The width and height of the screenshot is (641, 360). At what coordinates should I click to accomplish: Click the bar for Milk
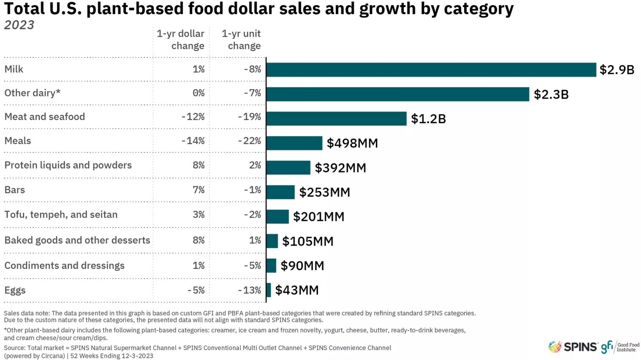click(x=431, y=70)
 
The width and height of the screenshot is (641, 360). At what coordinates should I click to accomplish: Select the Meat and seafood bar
click(x=336, y=119)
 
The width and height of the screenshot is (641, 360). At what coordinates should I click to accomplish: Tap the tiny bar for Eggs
click(x=269, y=290)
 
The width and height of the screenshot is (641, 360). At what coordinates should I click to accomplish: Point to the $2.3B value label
click(x=551, y=94)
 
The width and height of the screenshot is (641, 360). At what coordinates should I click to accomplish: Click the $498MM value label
click(x=352, y=143)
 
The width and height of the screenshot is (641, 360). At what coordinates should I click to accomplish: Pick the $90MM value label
click(x=302, y=266)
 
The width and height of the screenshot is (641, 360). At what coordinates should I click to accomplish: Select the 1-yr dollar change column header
click(x=180, y=40)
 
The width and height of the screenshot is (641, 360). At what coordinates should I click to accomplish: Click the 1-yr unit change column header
click(x=241, y=40)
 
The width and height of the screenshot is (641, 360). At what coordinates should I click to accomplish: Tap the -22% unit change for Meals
click(x=249, y=141)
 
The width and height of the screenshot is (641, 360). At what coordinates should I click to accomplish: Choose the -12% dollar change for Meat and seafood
click(x=193, y=117)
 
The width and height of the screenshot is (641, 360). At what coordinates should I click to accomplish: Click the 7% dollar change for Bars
click(x=199, y=190)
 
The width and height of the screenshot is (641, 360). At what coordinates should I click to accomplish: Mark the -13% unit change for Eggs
click(x=249, y=290)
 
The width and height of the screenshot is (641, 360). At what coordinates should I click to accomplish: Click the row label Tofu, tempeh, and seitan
click(x=61, y=215)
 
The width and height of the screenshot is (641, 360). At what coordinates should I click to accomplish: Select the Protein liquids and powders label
click(x=68, y=165)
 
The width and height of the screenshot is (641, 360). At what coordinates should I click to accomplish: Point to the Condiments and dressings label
click(x=64, y=266)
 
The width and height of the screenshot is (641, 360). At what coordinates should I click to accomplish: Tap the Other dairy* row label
click(x=32, y=93)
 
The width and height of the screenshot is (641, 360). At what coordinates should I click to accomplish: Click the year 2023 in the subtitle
click(x=19, y=25)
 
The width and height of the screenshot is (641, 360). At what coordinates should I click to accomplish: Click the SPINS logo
click(x=573, y=347)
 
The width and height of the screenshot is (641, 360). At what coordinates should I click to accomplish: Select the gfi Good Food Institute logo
click(x=620, y=347)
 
